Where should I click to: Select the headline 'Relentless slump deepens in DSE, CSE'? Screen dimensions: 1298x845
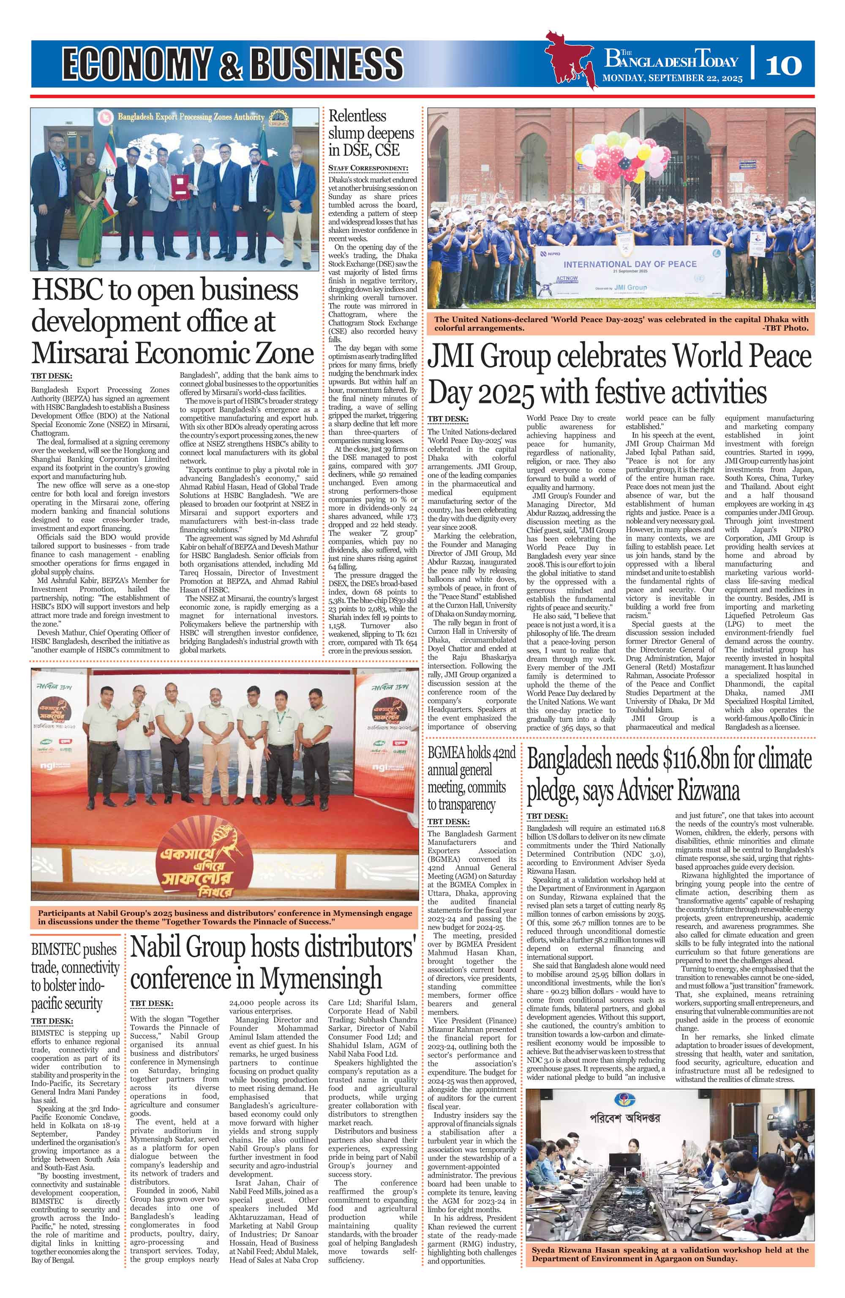pos(371,132)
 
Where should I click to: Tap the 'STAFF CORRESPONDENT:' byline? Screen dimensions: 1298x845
pos(368,167)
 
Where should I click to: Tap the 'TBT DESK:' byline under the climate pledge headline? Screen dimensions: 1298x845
pos(547,816)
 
